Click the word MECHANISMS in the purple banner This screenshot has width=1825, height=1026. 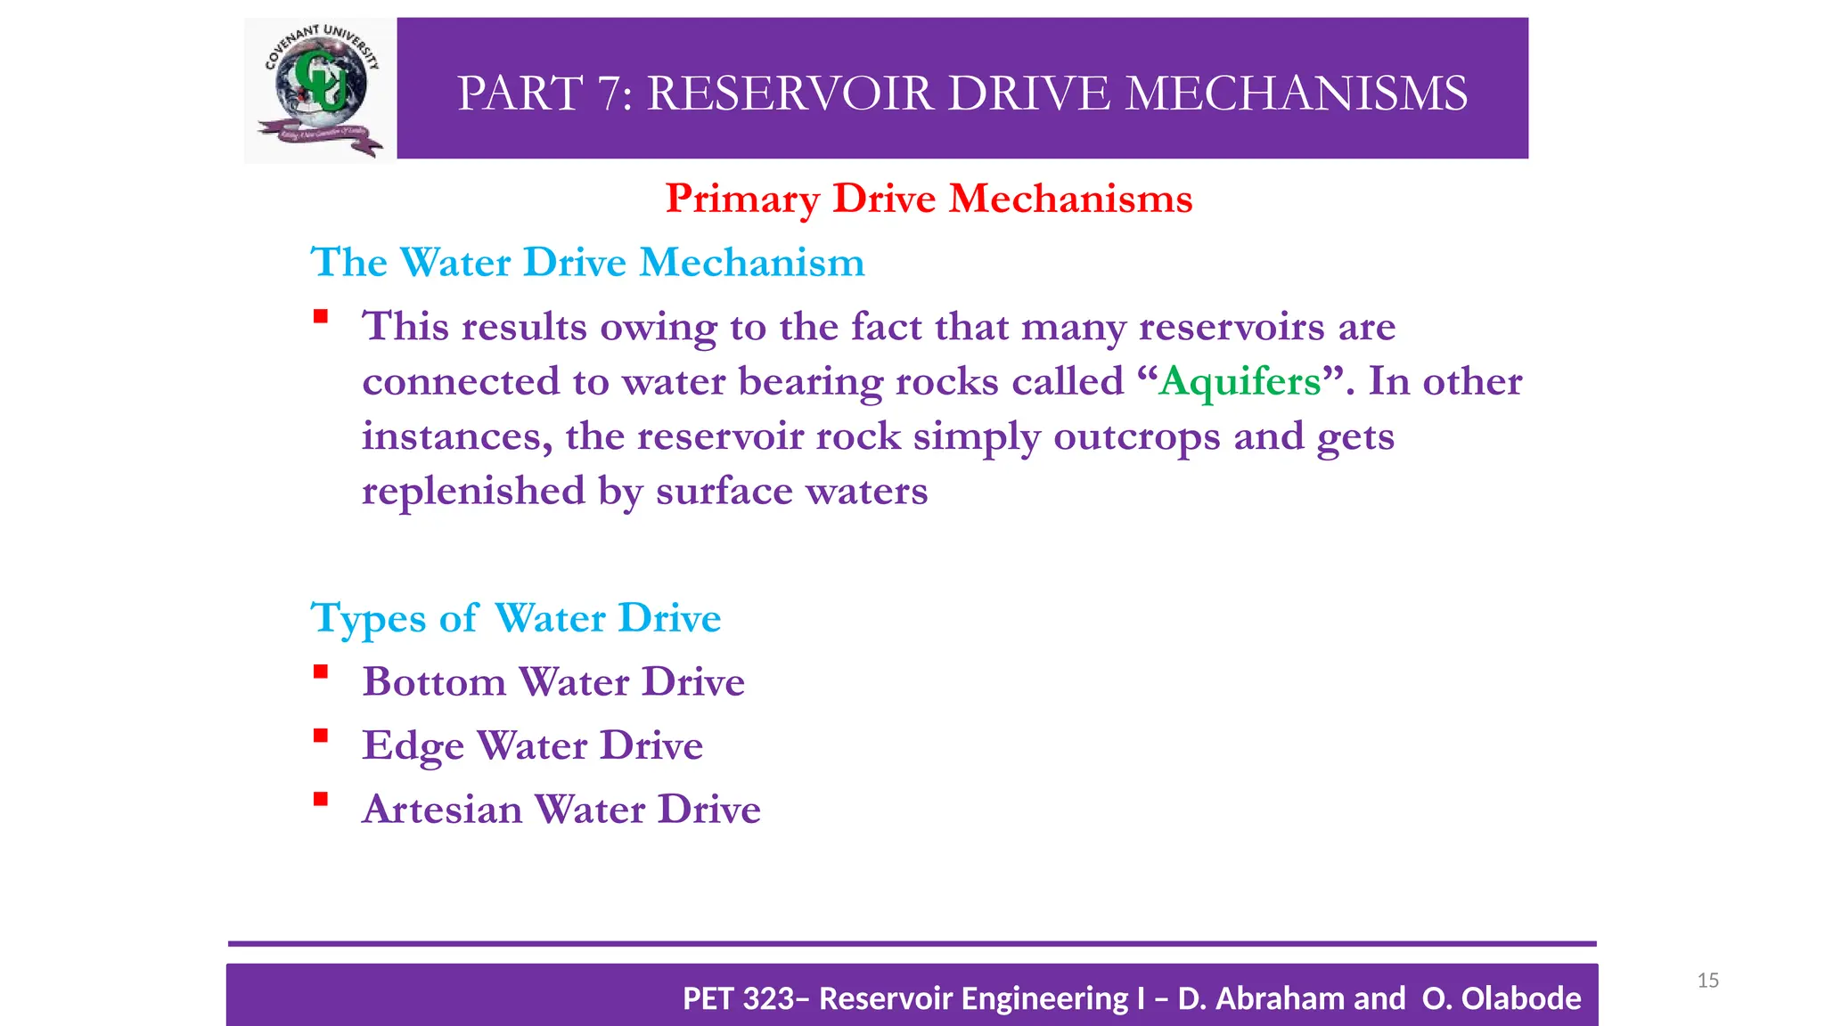pos(1296,94)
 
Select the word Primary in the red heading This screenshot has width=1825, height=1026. pos(742,199)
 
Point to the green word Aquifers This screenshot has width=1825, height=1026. pos(1240,381)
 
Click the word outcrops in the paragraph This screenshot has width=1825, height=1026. pos(1136,436)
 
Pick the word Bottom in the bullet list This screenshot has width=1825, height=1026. pos(434,682)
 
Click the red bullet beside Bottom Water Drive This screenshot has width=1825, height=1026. pos(321,672)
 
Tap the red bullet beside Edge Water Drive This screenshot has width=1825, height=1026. pos(321,736)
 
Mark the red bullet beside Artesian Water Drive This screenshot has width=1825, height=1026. pos(321,800)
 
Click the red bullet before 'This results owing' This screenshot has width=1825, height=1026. pos(321,316)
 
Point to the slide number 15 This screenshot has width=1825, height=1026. pos(1707,981)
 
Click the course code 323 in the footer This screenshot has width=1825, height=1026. pos(767,998)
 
